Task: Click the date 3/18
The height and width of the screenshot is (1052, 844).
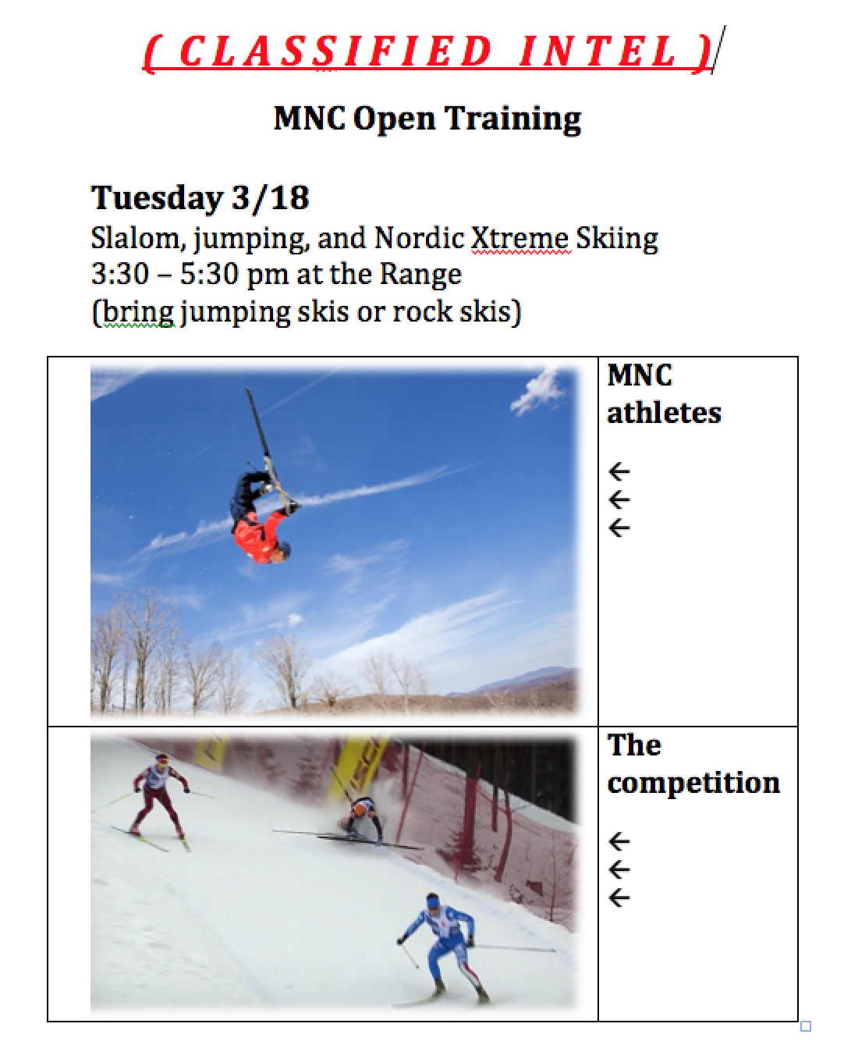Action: point(270,198)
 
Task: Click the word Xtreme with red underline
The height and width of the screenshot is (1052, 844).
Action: point(520,238)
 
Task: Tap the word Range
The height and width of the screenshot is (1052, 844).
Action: point(420,275)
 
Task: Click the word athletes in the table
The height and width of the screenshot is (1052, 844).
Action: point(664,413)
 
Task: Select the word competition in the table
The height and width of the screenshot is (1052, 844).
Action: point(693,783)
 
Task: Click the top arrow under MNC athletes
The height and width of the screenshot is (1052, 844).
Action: point(619,471)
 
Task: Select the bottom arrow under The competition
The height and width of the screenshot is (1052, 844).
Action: point(619,897)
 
